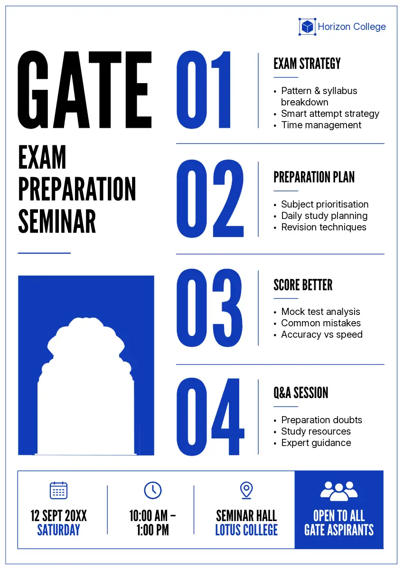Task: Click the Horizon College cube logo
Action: [x=307, y=27]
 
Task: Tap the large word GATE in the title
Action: [x=84, y=90]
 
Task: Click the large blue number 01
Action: [x=204, y=90]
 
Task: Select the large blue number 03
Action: [x=209, y=308]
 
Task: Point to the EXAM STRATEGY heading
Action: [x=307, y=63]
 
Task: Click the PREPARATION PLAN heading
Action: [x=314, y=177]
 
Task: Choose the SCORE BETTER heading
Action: [x=303, y=285]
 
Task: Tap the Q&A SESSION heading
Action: [x=301, y=392]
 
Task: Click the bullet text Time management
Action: [x=321, y=125]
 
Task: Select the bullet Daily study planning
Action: [x=324, y=216]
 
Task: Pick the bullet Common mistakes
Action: [x=321, y=323]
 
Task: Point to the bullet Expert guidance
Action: [x=316, y=443]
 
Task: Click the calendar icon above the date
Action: [x=58, y=490]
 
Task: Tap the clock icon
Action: [x=152, y=490]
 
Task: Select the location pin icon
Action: [x=246, y=490]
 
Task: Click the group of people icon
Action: [x=339, y=491]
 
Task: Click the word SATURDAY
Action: [x=58, y=530]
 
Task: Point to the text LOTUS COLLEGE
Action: [x=246, y=530]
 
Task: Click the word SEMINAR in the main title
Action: [x=57, y=221]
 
